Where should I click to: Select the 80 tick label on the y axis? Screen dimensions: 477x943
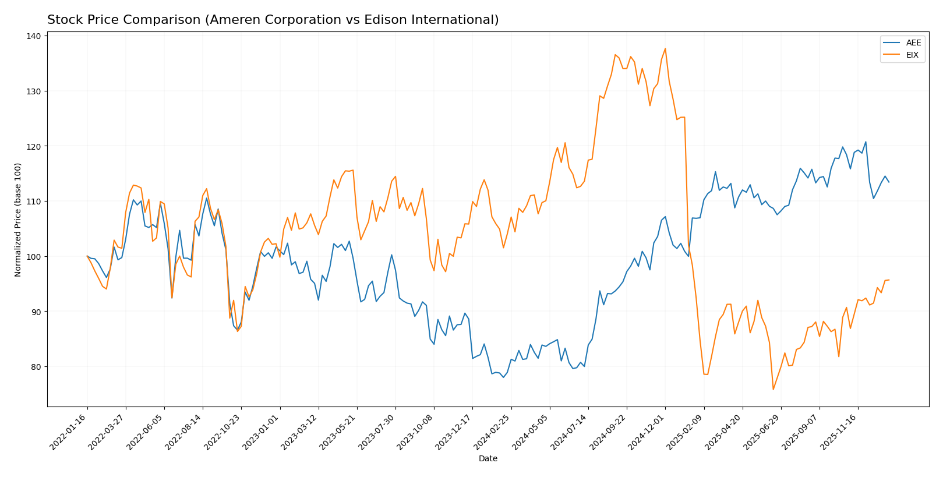coord(34,367)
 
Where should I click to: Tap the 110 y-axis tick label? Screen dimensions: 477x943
coord(34,202)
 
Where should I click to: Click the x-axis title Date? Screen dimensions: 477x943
coord(488,459)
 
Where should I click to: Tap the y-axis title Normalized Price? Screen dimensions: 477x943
coord(18,220)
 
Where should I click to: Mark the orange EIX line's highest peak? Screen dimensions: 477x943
coord(665,48)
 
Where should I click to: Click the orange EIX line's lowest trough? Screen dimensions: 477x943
coord(773,390)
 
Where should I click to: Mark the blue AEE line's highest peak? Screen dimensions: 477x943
coord(866,142)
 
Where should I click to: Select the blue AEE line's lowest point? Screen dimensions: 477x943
coord(503,377)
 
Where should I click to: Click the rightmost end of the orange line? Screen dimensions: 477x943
coord(889,280)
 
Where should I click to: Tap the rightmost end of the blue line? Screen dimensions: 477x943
coord(889,182)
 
